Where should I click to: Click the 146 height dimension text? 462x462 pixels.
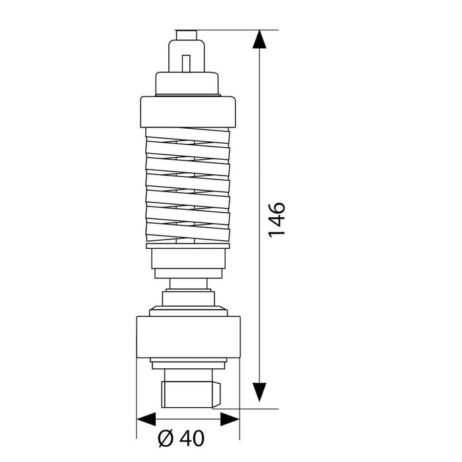click(277, 220)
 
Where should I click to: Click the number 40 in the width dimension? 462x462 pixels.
click(192, 438)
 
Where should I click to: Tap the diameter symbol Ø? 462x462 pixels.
click(166, 438)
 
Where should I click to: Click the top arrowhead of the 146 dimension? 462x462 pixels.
click(259, 39)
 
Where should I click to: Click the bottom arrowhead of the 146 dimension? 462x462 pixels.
click(259, 392)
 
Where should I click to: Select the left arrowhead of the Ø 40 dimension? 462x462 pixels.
click(147, 419)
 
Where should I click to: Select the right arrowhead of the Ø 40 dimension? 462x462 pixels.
click(230, 419)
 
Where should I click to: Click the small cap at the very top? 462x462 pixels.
click(187, 35)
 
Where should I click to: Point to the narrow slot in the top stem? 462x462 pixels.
click(186, 63)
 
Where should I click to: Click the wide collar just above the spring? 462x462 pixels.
click(188, 112)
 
